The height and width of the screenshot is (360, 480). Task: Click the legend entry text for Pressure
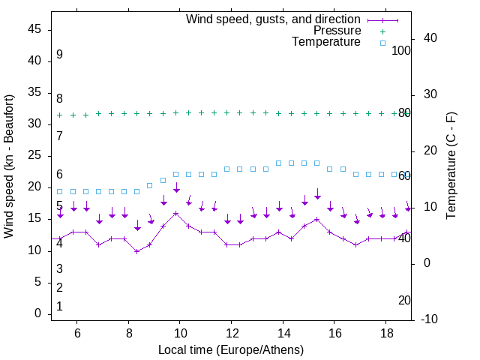pos(337,31)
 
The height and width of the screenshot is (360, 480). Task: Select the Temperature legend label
pos(326,42)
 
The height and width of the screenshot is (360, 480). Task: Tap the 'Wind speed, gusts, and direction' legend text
pos(274,19)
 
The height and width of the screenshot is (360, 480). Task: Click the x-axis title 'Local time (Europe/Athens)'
pos(231,349)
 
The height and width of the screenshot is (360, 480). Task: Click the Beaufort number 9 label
pos(59,55)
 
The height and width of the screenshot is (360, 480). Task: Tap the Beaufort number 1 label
pos(59,306)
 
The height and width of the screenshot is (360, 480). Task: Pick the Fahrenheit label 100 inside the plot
pos(401,50)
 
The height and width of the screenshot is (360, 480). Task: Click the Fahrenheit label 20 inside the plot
pos(404,300)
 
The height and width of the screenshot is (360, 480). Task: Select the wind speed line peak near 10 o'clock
pos(176,213)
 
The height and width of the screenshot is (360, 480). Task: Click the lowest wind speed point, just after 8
pos(137,250)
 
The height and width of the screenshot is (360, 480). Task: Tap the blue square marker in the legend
pos(382,43)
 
